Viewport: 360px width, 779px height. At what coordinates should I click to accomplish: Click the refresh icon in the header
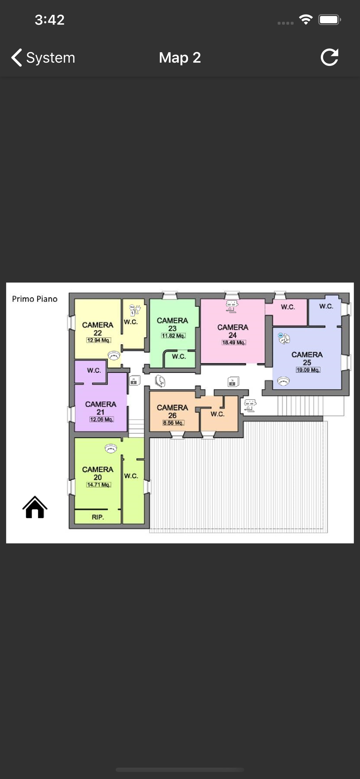330,57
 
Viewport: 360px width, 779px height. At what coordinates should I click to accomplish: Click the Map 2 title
180,58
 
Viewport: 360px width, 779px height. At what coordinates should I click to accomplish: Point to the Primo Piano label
35,299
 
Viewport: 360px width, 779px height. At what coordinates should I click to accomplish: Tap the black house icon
35,507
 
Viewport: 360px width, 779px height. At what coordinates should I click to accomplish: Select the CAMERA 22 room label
98,329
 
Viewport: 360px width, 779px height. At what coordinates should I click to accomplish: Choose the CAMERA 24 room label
233,331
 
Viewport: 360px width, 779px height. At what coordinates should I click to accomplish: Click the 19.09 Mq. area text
308,370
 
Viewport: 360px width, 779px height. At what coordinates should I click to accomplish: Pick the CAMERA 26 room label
172,411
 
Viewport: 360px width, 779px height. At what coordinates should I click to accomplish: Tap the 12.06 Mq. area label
101,419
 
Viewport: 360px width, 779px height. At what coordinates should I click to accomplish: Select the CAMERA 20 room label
98,473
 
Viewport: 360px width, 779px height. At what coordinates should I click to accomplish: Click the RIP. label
98,517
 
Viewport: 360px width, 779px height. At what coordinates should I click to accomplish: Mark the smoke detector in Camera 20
111,449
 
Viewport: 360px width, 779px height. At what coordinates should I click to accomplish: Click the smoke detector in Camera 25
284,381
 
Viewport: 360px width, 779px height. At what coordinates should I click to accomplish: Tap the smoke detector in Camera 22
114,355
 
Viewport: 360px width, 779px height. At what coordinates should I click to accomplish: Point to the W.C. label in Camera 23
179,356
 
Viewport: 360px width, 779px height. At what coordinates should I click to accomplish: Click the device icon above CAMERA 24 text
232,306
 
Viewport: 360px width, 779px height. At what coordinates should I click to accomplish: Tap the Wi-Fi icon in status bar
306,19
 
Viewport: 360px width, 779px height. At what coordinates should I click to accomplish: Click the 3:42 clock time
49,20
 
